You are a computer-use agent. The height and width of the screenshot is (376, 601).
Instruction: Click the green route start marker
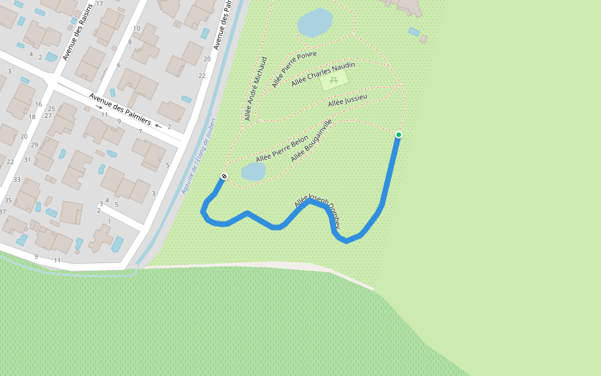point(398,135)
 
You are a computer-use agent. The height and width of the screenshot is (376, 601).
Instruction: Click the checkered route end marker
point(223,176)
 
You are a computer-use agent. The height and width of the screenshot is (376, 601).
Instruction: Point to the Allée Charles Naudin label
point(323,74)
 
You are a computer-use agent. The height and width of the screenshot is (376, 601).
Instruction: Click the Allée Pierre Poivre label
point(294,70)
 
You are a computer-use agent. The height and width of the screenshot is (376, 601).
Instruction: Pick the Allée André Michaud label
point(255,88)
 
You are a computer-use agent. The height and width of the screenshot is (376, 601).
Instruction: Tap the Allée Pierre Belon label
point(282,149)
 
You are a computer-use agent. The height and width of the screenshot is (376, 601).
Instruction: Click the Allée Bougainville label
point(311,140)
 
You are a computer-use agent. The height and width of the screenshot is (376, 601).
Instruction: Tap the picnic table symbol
point(334,80)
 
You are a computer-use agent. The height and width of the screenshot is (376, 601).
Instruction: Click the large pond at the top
point(315,23)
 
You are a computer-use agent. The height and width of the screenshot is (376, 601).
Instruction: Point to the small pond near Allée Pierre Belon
point(254,171)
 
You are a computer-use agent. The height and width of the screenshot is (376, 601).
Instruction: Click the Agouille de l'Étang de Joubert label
point(198,155)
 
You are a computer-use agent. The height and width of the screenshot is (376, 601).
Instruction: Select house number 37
point(3,212)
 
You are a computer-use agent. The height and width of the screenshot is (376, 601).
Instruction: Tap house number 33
point(17,180)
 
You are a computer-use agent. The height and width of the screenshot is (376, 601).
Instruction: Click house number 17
point(100,4)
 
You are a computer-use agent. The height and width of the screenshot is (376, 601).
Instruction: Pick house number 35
point(8,201)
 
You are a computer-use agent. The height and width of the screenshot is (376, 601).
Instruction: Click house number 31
point(27,160)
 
